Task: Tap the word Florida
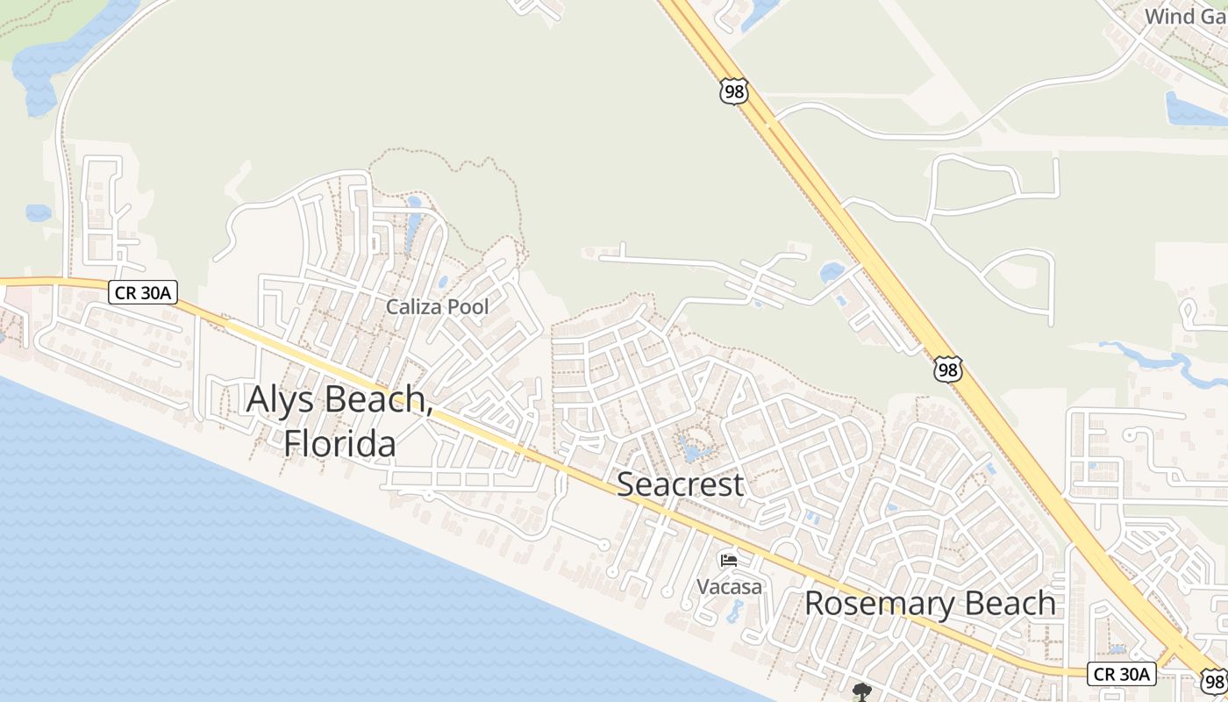click(339, 443)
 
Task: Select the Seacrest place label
click(681, 484)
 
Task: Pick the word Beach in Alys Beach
click(377, 399)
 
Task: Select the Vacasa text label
click(729, 586)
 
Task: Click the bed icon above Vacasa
click(729, 561)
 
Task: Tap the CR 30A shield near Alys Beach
click(143, 293)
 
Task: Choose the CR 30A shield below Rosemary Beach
click(1121, 674)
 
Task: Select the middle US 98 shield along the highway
click(947, 369)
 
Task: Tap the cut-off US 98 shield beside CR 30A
click(1215, 682)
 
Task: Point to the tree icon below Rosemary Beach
click(861, 692)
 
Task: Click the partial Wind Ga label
click(1185, 16)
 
